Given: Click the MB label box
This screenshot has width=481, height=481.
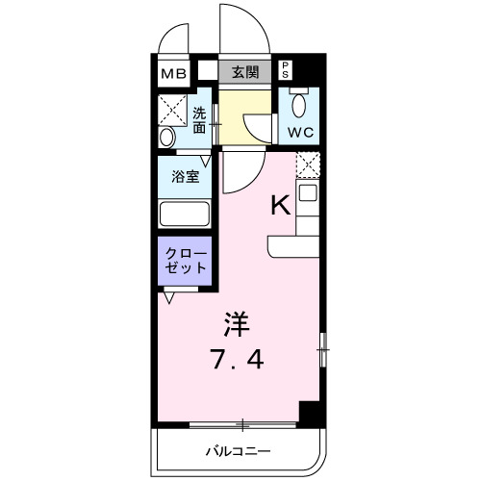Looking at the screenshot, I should click(174, 72).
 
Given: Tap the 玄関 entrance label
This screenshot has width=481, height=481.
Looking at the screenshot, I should click(245, 71).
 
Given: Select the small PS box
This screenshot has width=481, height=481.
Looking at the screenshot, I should click(286, 70).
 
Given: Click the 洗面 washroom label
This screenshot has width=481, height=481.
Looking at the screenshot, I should click(198, 118).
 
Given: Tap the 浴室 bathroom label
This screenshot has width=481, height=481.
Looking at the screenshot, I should click(186, 177).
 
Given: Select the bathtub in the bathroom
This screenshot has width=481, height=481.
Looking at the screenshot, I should click(185, 214).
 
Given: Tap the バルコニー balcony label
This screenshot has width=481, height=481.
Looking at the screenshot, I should click(237, 450).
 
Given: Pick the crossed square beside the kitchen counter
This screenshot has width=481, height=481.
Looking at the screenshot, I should click(307, 165).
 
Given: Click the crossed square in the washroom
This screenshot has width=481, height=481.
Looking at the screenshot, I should click(173, 104).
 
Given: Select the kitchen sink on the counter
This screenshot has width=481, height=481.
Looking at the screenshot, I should click(307, 193).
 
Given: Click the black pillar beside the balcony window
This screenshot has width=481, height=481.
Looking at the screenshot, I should click(309, 412).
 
